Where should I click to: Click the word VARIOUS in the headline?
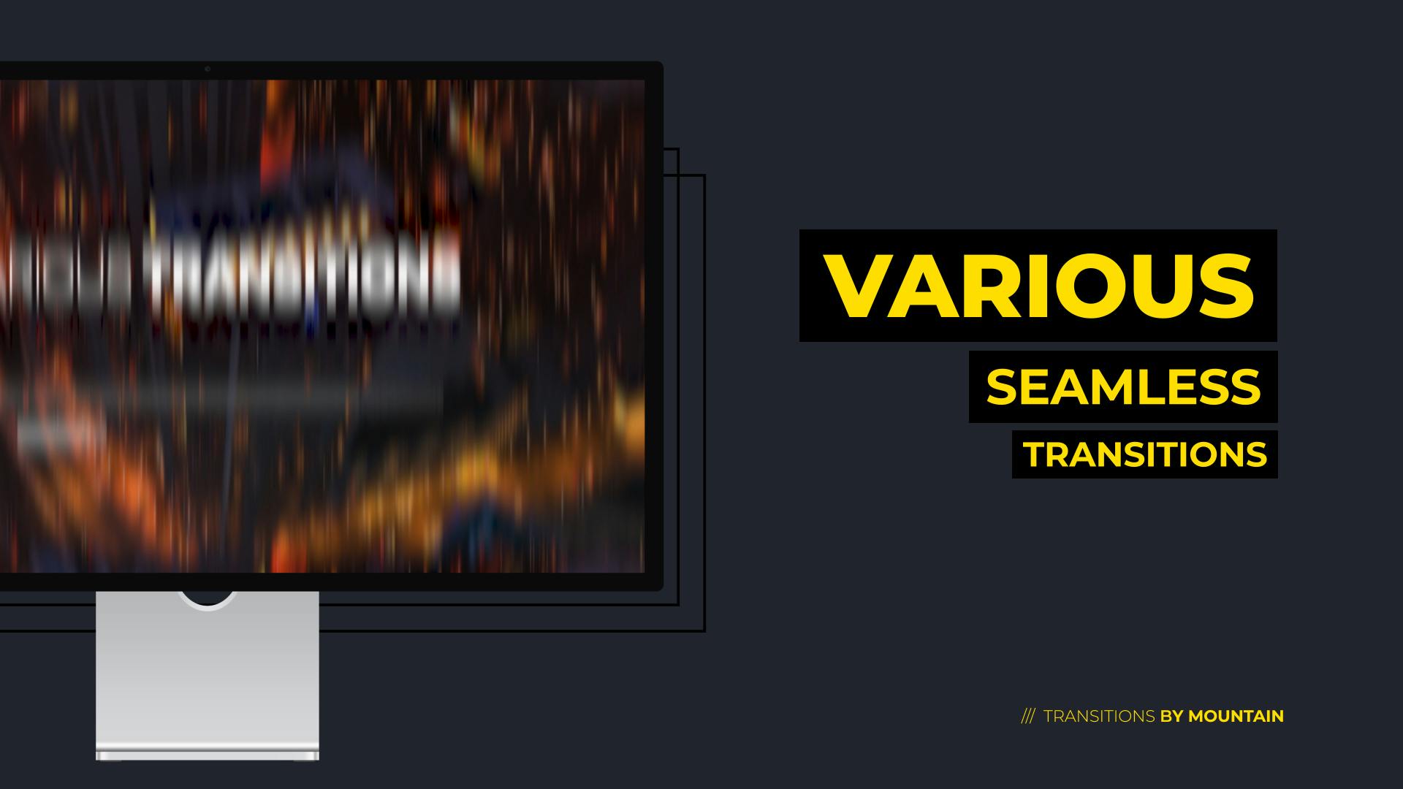click(x=1038, y=286)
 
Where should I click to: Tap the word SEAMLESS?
click(x=1123, y=387)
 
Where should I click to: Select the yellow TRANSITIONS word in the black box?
click(x=1145, y=454)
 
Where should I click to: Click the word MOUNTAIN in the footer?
click(x=1236, y=716)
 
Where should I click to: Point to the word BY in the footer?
click(x=1171, y=716)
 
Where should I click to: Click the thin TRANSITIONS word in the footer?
click(x=1099, y=716)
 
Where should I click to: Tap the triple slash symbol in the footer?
click(x=1027, y=716)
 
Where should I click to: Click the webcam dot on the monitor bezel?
click(x=208, y=69)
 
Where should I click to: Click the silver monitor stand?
click(x=208, y=672)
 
